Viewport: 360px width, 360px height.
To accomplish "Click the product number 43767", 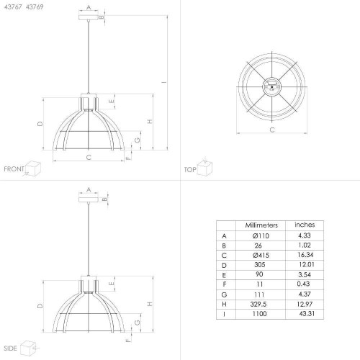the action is [13, 7].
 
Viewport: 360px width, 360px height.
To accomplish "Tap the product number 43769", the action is [35, 7].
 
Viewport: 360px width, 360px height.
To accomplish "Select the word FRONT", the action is [14, 169].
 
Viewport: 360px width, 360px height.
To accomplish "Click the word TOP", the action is [190, 170].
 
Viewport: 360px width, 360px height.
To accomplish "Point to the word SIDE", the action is [10, 348].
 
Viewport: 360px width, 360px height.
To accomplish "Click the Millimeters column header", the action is [261, 225].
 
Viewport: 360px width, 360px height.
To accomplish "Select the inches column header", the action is [305, 225].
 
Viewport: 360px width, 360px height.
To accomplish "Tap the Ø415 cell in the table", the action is [261, 255].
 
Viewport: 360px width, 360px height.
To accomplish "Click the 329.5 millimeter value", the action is [258, 304].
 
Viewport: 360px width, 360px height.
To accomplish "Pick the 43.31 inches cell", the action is [307, 313].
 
